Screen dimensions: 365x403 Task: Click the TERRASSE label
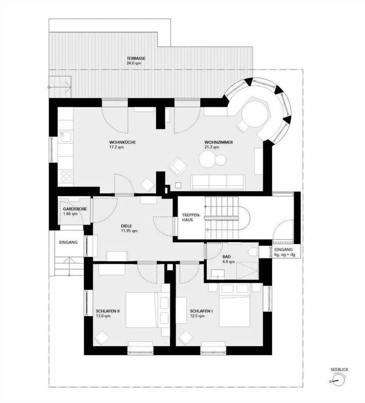(x=136, y=58)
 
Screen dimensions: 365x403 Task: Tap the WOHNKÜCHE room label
(x=122, y=142)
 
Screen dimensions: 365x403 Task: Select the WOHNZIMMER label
(x=219, y=142)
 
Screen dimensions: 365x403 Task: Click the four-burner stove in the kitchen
(x=67, y=176)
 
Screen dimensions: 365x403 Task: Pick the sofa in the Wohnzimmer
(x=218, y=182)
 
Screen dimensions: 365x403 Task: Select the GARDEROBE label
(x=75, y=209)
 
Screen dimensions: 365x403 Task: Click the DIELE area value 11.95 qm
(x=129, y=231)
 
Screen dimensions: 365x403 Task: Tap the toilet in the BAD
(x=253, y=251)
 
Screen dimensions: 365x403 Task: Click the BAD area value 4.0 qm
(x=229, y=262)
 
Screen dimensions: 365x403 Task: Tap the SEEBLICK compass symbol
(x=338, y=381)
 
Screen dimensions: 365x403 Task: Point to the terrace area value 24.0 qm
(x=134, y=63)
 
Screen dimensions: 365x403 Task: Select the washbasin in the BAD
(x=217, y=274)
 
